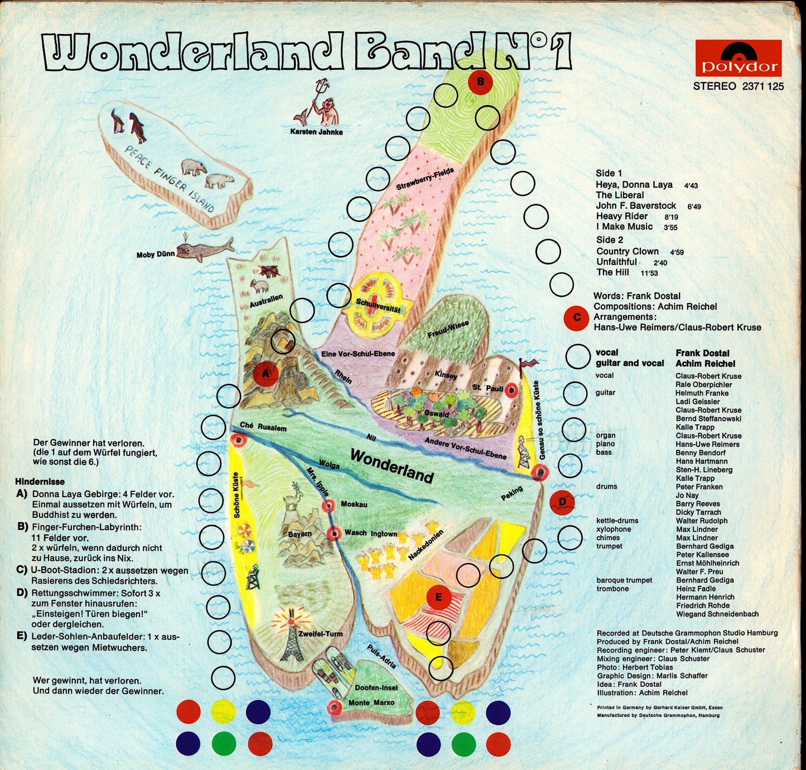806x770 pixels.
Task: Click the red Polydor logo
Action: tap(738, 58)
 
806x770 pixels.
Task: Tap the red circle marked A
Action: tap(266, 374)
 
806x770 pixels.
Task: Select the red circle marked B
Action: tap(480, 82)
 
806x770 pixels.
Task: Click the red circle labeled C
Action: tap(577, 318)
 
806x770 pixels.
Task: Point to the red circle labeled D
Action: tap(562, 502)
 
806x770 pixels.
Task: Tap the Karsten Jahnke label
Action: tap(316, 132)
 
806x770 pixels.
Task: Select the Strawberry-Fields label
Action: tap(425, 179)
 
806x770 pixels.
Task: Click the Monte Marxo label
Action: tap(371, 702)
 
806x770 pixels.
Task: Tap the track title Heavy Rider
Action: tap(622, 216)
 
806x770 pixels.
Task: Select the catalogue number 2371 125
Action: tap(763, 86)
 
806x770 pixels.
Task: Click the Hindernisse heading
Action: tap(40, 482)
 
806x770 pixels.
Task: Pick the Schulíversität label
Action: tap(378, 306)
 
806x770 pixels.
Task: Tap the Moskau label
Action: tap(354, 504)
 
